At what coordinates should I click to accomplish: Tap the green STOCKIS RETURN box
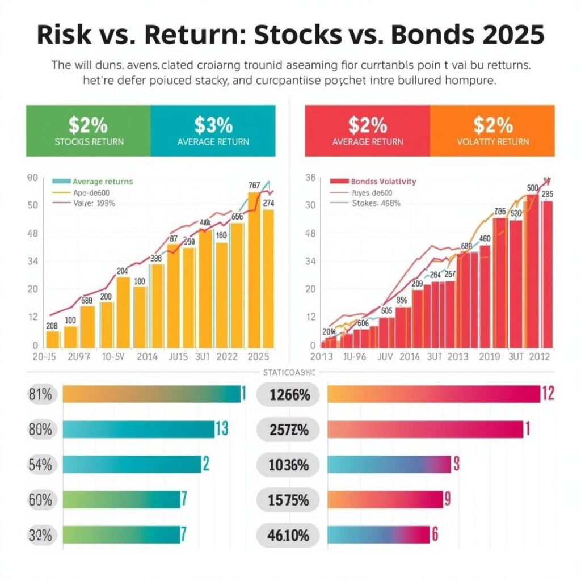pos(89,130)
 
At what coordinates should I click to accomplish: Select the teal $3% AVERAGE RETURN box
pos(213,130)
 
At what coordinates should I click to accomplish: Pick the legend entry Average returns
pos(102,182)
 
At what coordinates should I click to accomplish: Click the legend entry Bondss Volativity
pos(383,182)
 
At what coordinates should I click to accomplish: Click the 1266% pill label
pos(289,395)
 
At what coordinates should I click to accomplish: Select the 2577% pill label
pos(289,430)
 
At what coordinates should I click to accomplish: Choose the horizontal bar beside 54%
pos(132,464)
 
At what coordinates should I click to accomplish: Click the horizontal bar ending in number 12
pos(434,394)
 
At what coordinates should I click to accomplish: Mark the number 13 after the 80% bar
pos(221,430)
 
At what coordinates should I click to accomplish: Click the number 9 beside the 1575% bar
pos(447,499)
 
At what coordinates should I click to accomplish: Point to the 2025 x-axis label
pos(258,357)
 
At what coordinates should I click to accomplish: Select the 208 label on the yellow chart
pos(51,326)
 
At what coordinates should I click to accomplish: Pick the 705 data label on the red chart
pos(499,212)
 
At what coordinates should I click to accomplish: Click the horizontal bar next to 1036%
pos(389,464)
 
